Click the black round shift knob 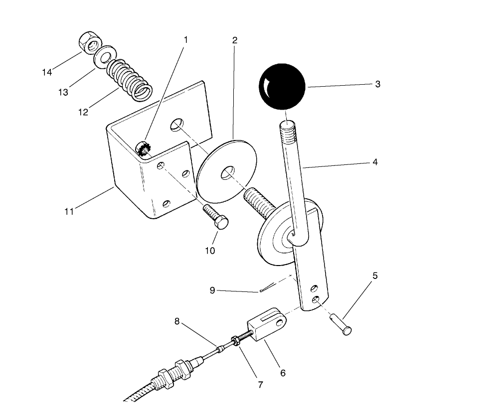pos(281,86)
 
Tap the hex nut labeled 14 pos(90,44)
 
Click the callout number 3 pos(377,84)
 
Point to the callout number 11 pos(69,211)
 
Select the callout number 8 pos(176,321)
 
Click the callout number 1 pos(185,39)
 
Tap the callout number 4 pos(374,162)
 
